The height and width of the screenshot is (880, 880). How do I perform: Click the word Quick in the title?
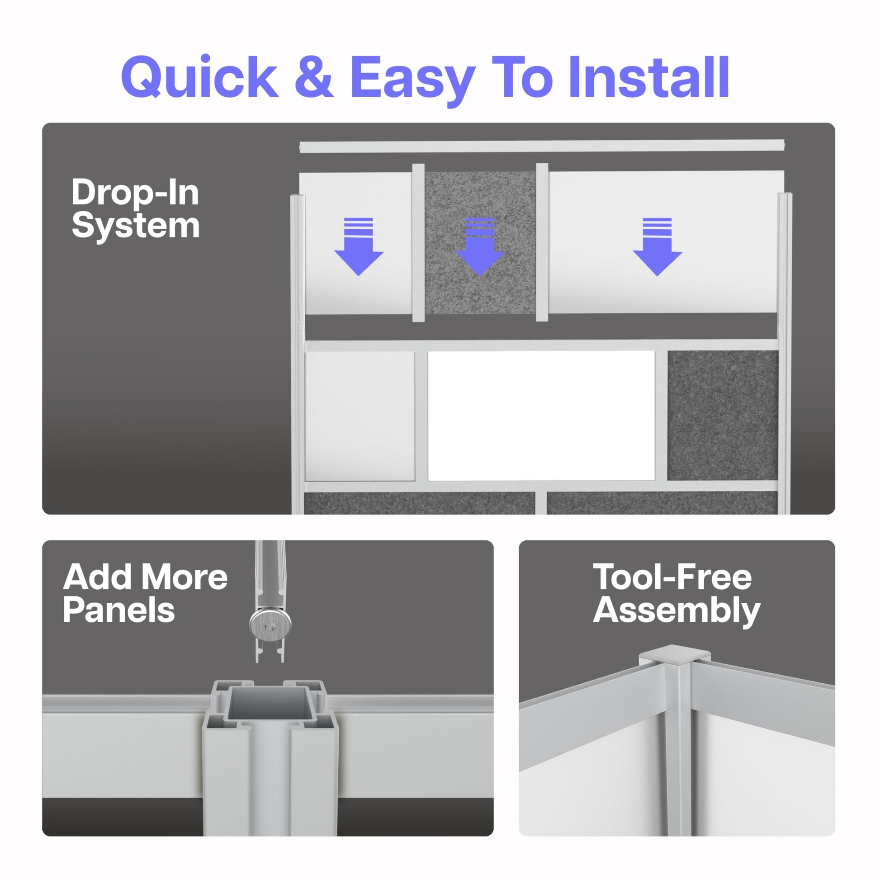pos(199,76)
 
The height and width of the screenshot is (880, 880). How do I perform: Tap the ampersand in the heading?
pos(314,76)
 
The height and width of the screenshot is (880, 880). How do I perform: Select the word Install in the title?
pos(649,76)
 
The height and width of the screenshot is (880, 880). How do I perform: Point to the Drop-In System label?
pos(135,208)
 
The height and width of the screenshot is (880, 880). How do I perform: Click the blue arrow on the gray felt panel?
pos(480,246)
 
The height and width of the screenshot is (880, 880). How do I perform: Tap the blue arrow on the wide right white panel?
pos(657,246)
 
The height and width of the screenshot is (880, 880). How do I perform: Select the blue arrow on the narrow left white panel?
pos(359,246)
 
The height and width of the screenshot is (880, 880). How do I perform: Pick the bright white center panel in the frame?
pos(541,416)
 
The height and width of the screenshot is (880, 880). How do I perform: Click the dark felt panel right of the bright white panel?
pos(722,415)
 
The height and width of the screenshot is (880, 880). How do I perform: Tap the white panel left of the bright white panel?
pos(360,416)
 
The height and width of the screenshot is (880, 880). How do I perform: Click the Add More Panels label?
pos(145,593)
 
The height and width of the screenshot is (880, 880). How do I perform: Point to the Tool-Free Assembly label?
pos(677,593)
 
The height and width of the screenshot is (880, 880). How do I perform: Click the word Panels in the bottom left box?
pos(119,610)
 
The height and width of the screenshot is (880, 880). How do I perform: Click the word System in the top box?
pos(136,226)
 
